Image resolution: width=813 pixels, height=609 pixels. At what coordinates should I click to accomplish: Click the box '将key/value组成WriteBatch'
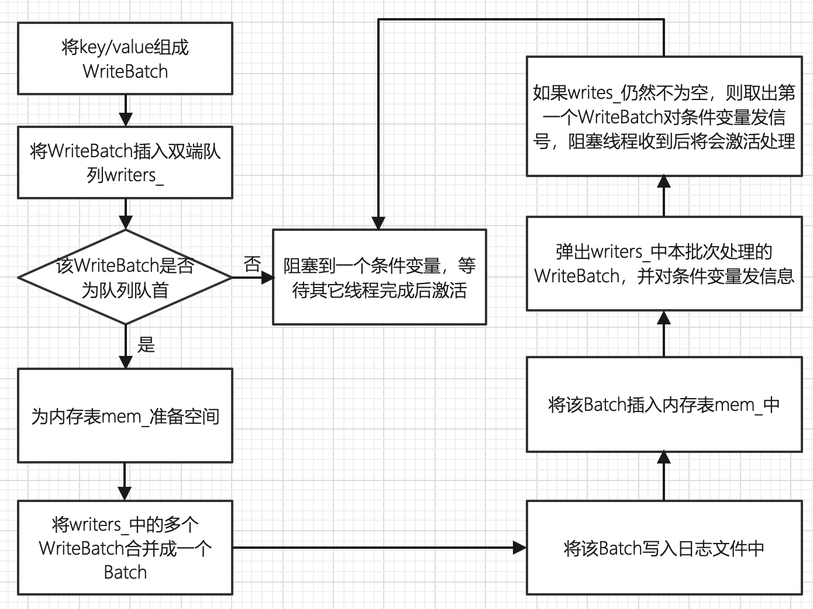[125, 58]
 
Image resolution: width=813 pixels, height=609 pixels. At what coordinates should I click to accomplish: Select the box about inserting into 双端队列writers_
[125, 162]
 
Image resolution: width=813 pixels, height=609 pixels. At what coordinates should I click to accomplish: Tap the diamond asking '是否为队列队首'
[125, 277]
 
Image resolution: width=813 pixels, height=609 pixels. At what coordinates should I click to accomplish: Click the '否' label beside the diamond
[252, 265]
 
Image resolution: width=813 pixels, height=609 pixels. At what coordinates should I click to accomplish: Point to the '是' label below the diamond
[146, 345]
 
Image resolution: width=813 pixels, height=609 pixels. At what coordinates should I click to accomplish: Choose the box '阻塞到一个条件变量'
[379, 277]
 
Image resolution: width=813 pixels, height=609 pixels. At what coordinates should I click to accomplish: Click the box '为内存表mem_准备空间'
[125, 416]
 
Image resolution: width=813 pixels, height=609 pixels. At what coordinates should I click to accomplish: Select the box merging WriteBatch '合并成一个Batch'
[125, 548]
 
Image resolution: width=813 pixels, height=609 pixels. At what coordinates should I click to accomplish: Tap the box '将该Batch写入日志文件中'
[664, 548]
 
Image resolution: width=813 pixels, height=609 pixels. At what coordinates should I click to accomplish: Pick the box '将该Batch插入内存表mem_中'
[664, 404]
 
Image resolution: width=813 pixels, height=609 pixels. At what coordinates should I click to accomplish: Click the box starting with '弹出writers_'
[664, 264]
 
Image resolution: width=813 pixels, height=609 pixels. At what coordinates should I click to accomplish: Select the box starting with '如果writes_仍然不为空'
[664, 116]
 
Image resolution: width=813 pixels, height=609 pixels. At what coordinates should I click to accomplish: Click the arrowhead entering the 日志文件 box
[519, 548]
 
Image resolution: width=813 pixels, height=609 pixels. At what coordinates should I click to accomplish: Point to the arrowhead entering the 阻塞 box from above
[378, 223]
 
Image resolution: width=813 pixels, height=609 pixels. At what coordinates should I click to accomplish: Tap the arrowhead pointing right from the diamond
[267, 278]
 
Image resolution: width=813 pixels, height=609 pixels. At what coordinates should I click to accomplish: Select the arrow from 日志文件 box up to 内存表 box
[664, 476]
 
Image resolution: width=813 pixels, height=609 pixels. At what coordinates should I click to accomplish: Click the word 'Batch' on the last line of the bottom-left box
[125, 572]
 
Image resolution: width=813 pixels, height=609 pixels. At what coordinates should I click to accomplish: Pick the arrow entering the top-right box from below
[664, 196]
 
